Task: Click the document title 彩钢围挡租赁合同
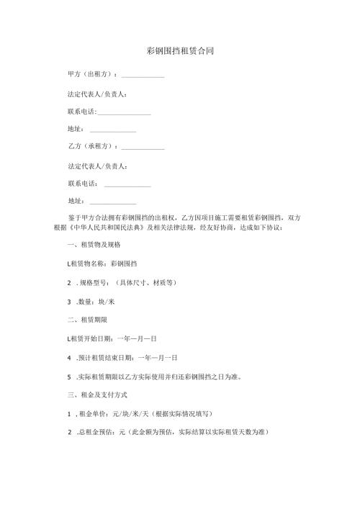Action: pos(179,52)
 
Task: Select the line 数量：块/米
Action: pos(94,302)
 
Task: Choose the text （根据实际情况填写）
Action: pos(186,413)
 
